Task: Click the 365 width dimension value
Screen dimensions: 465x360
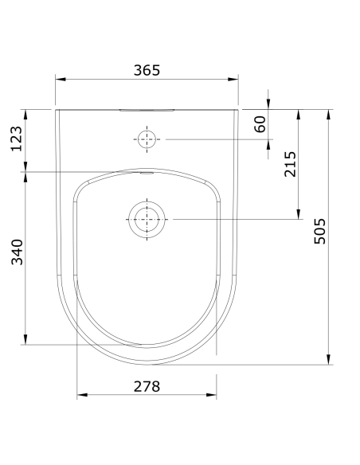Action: click(x=147, y=69)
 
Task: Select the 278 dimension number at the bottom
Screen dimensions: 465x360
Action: click(x=147, y=386)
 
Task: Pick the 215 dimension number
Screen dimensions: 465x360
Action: click(x=290, y=164)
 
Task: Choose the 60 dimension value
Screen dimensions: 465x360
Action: click(x=260, y=124)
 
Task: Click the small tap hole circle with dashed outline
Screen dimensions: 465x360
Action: click(x=147, y=139)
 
